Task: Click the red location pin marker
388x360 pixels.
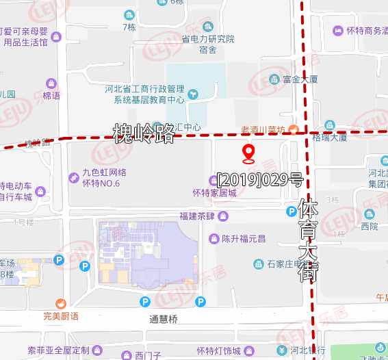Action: click(x=249, y=153)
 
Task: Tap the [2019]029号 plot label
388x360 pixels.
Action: click(x=259, y=181)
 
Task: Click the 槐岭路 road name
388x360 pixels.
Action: click(x=143, y=133)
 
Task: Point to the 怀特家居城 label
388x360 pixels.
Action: click(x=214, y=193)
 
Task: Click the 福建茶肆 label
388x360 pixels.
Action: click(x=197, y=217)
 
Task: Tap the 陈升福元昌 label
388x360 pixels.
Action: click(x=243, y=239)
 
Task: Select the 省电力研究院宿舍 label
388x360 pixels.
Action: click(x=208, y=44)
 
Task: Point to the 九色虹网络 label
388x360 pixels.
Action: click(x=104, y=173)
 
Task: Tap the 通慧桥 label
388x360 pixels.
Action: click(x=164, y=319)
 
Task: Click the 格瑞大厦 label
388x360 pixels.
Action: click(x=329, y=137)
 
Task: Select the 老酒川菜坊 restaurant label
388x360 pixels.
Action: click(x=263, y=129)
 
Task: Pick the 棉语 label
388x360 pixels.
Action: click(x=51, y=96)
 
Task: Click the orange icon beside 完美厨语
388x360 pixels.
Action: click(x=60, y=303)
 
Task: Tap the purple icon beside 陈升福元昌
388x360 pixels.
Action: click(x=214, y=239)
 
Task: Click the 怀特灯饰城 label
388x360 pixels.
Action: click(x=218, y=352)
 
